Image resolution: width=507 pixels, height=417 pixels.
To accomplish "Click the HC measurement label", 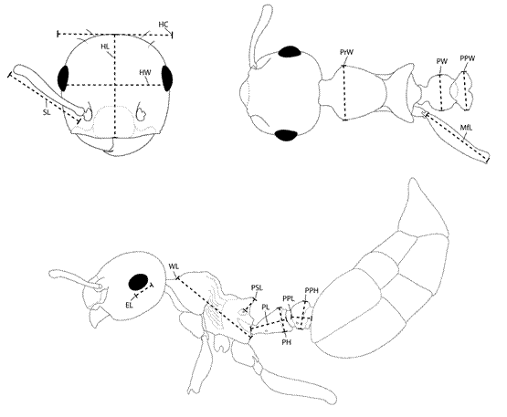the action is tap(164, 25).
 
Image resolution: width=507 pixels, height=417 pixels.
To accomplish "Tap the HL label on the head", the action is tap(105, 47).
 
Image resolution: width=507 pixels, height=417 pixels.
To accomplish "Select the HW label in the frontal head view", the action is tap(145, 72).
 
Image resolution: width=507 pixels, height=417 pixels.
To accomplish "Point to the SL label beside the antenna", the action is tap(47, 112).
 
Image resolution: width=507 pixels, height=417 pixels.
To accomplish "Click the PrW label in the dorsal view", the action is tap(346, 52).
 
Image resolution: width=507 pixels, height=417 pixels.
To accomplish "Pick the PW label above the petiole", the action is tap(442, 61).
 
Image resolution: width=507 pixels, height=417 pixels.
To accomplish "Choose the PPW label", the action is tap(468, 58).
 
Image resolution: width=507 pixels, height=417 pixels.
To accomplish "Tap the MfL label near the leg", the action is tap(466, 128).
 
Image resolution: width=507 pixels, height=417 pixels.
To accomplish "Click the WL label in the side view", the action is tap(174, 266).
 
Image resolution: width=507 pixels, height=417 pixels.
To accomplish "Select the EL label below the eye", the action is tap(129, 305).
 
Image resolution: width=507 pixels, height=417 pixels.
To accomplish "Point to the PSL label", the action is tap(257, 287).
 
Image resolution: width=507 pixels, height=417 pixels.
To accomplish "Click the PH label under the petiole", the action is tap(287, 342).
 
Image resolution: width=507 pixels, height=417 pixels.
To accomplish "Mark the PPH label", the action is tap(312, 290).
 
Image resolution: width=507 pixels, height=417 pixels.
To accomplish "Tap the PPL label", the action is tap(288, 297).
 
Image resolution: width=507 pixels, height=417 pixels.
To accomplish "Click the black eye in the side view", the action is tap(138, 282).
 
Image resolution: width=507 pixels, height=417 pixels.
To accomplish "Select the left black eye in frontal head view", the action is tap(63, 78).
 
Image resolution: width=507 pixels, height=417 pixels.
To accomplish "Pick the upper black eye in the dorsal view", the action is tap(290, 52).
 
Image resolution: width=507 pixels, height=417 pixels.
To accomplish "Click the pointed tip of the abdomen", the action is tap(412, 178).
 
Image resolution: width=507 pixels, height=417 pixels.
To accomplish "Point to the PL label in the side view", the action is tap(266, 307).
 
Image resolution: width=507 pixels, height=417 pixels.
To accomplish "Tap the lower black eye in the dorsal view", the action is tap(286, 135).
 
